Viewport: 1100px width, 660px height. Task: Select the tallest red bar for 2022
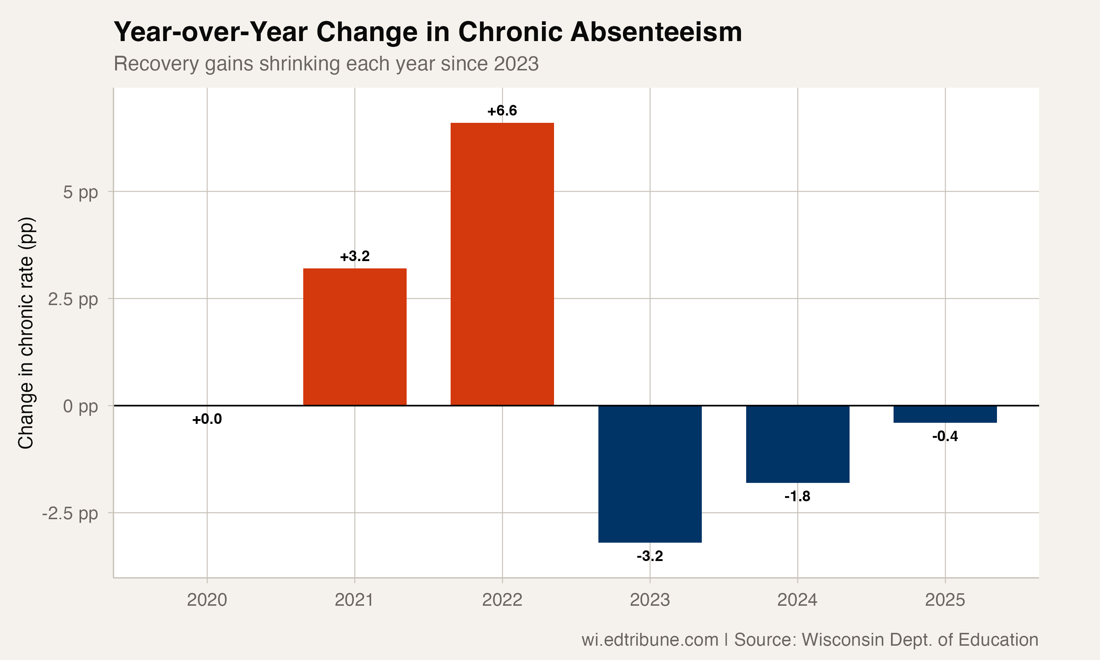tap(502, 264)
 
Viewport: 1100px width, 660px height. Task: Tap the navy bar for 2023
tap(650, 474)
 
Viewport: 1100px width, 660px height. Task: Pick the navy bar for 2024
tap(797, 444)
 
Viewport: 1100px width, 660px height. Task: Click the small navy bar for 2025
tap(945, 414)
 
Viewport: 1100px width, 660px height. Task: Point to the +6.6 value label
tap(502, 111)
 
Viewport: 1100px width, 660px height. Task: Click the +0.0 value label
tap(207, 419)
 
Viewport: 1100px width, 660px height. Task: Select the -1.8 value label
tap(797, 496)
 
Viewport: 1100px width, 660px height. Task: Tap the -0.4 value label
tap(945, 436)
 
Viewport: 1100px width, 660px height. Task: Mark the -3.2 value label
tap(650, 556)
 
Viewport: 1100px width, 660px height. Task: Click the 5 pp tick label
tap(80, 192)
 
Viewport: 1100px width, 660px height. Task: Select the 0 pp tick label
tap(80, 406)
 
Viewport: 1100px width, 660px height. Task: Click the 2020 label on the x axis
tap(207, 600)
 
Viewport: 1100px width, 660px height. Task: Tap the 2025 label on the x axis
tap(945, 600)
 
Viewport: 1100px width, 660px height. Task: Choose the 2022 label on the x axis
tap(502, 600)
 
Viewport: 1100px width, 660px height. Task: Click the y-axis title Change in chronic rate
tap(26, 333)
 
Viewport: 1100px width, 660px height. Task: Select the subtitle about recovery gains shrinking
tap(326, 63)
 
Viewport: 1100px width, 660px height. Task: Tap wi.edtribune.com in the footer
tap(650, 639)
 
